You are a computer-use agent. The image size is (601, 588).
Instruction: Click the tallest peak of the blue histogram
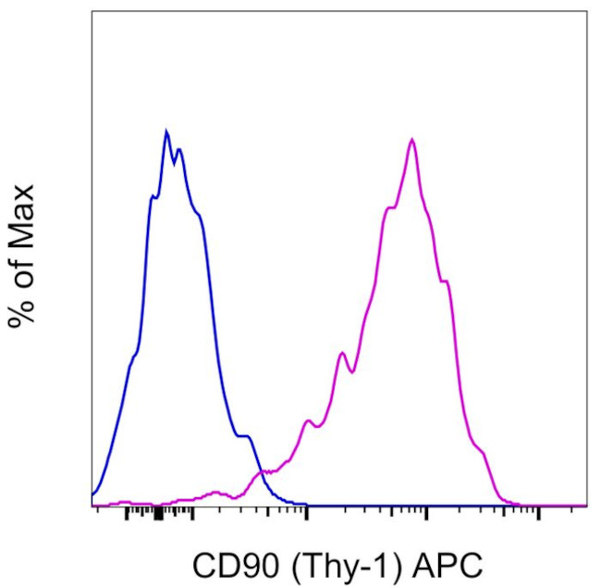click(166, 131)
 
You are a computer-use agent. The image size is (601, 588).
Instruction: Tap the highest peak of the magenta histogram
click(411, 140)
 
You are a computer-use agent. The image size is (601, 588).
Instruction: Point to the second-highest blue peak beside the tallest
click(179, 149)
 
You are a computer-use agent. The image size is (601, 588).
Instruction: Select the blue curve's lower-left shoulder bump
click(132, 357)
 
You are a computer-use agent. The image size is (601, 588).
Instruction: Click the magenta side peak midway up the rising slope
click(342, 353)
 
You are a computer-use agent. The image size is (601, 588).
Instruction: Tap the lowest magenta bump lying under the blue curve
click(215, 492)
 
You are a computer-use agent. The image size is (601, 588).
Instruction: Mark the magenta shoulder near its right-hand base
click(480, 450)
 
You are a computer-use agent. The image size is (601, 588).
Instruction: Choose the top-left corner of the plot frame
click(92, 11)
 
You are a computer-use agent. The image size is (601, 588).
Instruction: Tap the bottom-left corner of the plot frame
click(92, 507)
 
